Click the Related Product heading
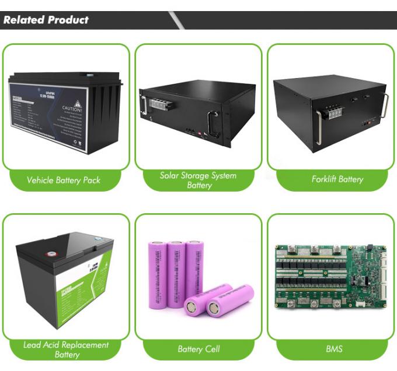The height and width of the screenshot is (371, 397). click(46, 20)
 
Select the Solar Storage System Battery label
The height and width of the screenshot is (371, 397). click(198, 180)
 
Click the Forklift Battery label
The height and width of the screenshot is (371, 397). click(337, 179)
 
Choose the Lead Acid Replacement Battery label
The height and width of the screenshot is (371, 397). click(66, 349)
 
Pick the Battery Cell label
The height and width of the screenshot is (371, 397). click(198, 349)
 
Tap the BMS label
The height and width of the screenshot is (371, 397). click(334, 349)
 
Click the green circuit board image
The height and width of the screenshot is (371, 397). click(330, 273)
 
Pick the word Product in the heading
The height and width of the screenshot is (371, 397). click(68, 20)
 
